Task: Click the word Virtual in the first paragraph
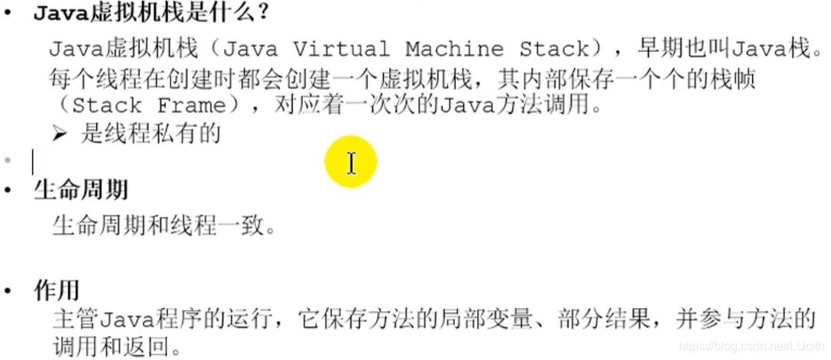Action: [x=342, y=50]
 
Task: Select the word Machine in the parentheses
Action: [x=455, y=50]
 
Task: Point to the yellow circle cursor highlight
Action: [x=350, y=162]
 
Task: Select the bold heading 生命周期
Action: [x=81, y=190]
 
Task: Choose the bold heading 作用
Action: [x=57, y=290]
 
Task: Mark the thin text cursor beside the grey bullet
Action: [x=33, y=162]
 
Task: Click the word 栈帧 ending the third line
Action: [x=737, y=77]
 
